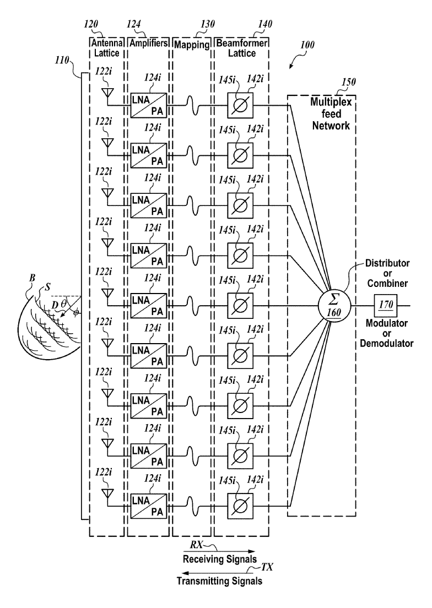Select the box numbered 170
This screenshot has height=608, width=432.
point(386,305)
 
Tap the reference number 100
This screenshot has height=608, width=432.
point(307,45)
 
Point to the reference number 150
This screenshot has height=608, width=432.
point(348,82)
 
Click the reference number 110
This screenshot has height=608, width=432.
point(62,61)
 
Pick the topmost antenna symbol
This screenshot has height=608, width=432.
point(107,93)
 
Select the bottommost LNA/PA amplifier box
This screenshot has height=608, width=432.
point(149,506)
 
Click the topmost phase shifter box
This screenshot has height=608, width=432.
point(240,105)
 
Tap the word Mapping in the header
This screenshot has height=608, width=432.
point(192,45)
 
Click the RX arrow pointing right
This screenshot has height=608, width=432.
point(219,551)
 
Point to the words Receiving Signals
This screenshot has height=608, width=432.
point(220,559)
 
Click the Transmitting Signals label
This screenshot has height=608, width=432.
point(219,581)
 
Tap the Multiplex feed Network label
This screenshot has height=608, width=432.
point(331,114)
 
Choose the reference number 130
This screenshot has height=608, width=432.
point(208,24)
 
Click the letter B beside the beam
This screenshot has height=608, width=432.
point(32,278)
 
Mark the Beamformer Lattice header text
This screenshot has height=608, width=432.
point(241,48)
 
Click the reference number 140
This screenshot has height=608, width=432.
point(265,24)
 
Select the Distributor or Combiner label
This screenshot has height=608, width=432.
point(387,273)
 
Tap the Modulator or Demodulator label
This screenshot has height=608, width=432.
point(387,333)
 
